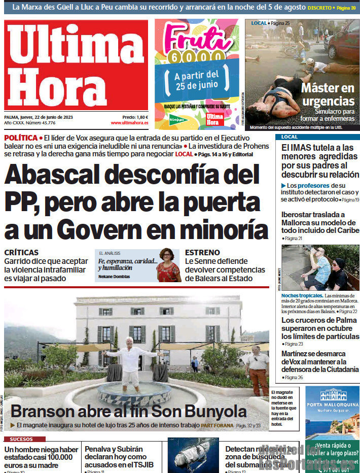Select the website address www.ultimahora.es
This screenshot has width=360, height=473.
[x=129, y=123]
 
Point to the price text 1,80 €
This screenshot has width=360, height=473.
[x=142, y=117]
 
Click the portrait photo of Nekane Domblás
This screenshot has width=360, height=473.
[x=168, y=265]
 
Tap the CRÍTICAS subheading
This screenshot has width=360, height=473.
[x=21, y=252]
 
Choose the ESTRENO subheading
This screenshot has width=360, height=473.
[x=202, y=252]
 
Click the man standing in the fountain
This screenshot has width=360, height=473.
[x=131, y=361]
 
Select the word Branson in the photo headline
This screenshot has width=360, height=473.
[x=43, y=411]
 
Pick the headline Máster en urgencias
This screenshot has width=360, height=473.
[x=328, y=94]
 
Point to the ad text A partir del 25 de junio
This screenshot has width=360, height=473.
[x=196, y=80]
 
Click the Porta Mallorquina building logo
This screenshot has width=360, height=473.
[x=333, y=394]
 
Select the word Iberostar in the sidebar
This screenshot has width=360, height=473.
[x=300, y=215]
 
